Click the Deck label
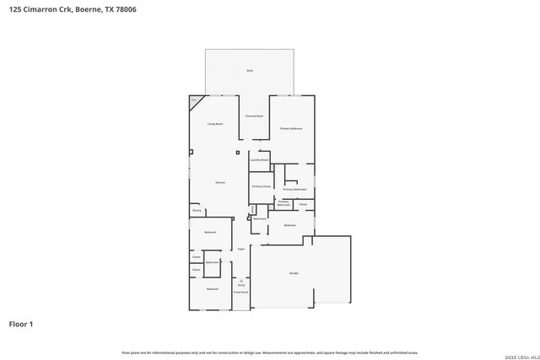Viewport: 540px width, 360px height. (x=250, y=70)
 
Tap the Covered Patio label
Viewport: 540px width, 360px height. (x=254, y=116)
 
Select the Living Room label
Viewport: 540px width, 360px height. (x=215, y=124)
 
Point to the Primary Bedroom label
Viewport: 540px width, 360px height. (x=291, y=128)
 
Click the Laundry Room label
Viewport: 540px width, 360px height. (x=259, y=159)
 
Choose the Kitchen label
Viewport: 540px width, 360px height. (x=219, y=182)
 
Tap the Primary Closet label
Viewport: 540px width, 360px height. (x=262, y=185)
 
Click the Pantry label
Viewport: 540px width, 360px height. (x=197, y=210)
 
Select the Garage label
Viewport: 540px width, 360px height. (x=294, y=273)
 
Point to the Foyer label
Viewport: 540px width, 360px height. (x=240, y=249)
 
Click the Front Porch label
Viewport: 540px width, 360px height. (x=241, y=292)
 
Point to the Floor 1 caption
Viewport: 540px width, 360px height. (x=20, y=324)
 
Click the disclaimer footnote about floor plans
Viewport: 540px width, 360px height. (x=270, y=352)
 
